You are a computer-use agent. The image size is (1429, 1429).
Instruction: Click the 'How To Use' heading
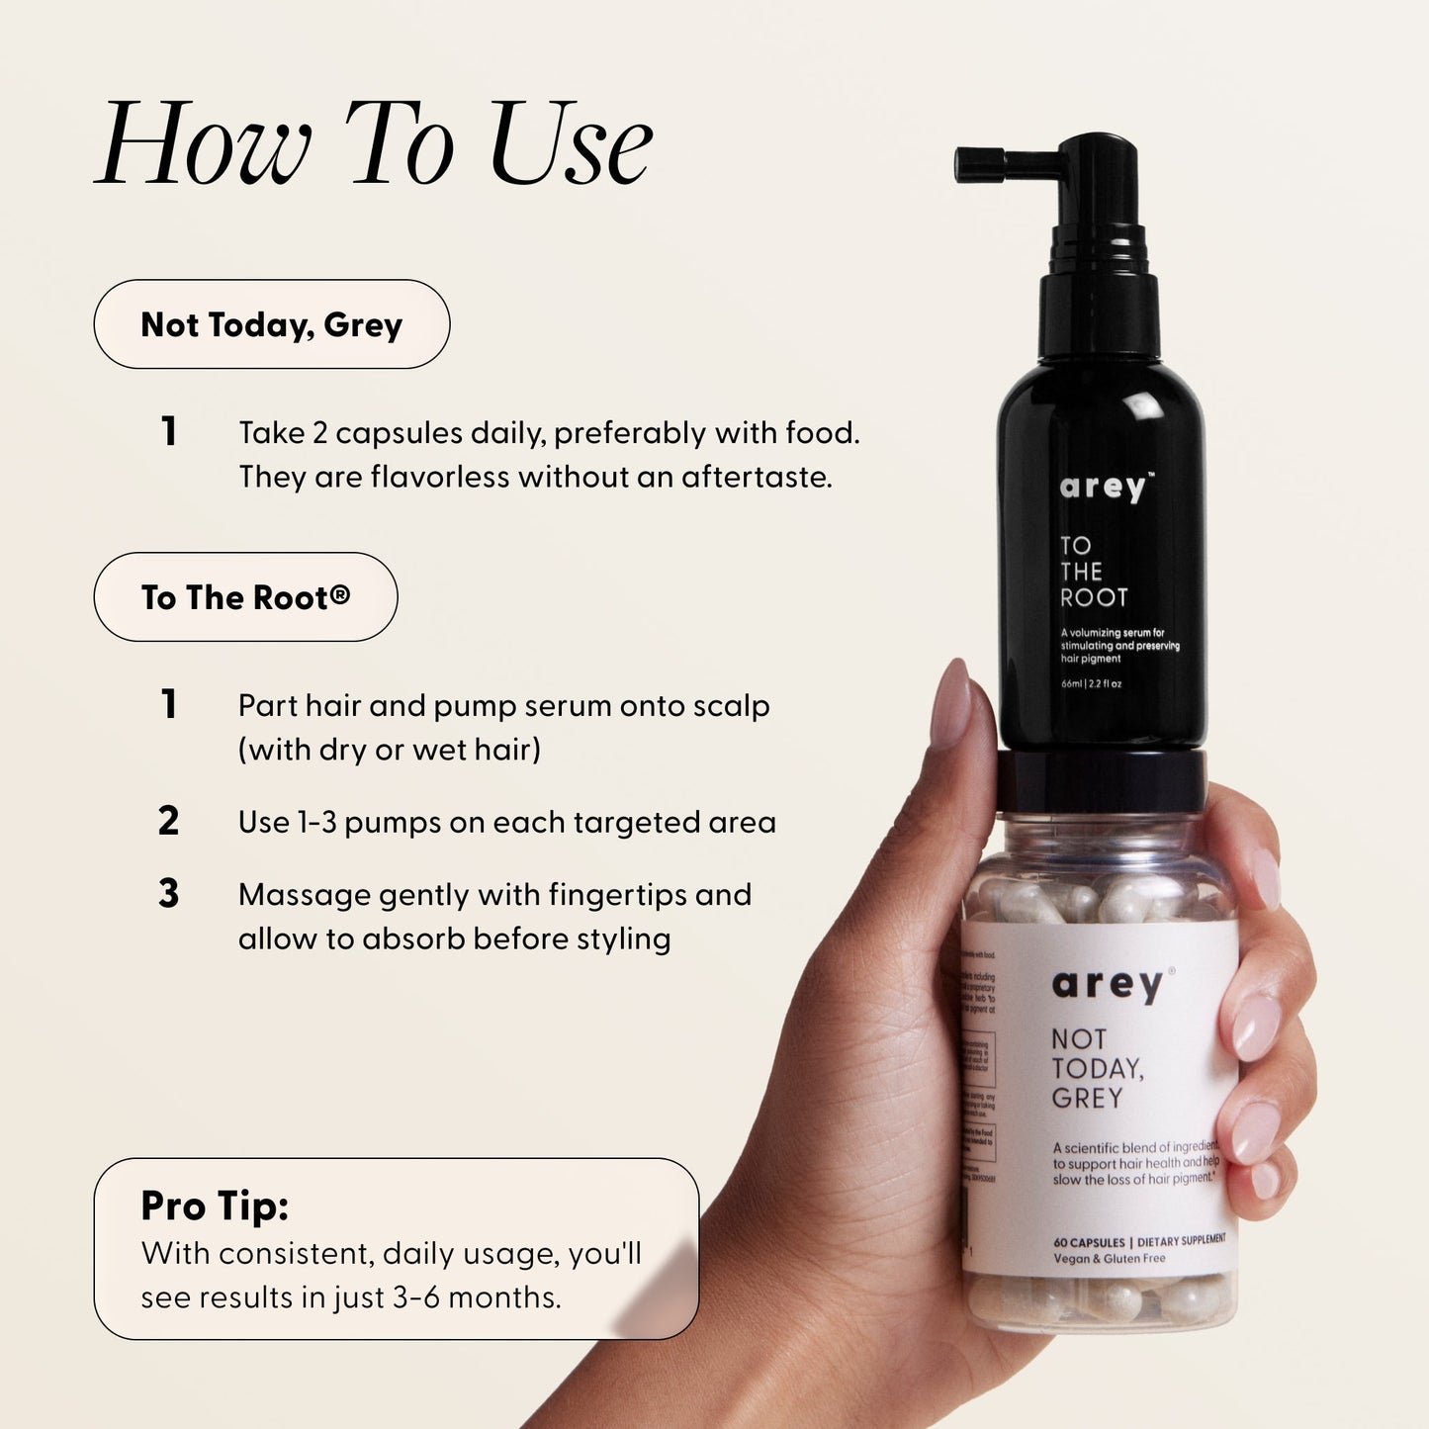(x=374, y=143)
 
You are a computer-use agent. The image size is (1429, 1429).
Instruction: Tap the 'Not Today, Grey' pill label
(x=271, y=324)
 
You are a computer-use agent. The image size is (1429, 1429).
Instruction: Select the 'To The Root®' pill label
(x=245, y=597)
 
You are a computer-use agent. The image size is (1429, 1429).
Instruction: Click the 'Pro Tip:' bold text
(x=215, y=1206)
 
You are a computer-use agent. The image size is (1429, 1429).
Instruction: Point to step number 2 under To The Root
(x=168, y=822)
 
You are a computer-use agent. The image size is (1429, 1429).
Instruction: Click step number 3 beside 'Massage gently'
(x=168, y=894)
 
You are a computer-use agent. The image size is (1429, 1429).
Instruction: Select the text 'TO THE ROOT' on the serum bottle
(x=1092, y=572)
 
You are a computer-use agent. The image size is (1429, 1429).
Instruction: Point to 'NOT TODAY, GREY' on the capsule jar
(x=1096, y=1068)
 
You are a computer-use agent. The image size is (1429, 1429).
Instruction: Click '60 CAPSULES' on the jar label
(x=1089, y=1242)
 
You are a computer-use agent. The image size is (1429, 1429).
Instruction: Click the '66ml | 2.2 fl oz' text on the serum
(x=1091, y=683)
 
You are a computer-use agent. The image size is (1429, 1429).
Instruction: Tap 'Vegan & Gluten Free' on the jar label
(x=1109, y=1259)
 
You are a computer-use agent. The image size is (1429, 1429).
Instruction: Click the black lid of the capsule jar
(x=1101, y=780)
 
